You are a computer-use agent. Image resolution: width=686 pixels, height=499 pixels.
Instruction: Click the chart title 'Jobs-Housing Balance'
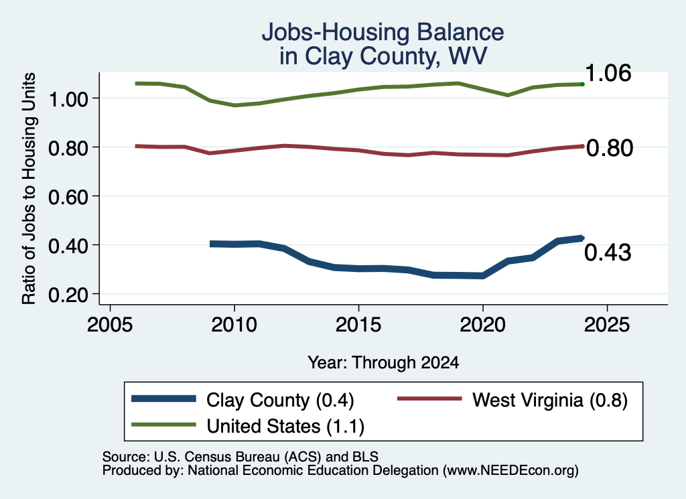coord(383,32)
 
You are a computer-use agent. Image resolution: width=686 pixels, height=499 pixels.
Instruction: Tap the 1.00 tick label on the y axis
coord(68,99)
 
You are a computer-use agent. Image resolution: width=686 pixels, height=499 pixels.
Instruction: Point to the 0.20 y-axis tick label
coord(68,295)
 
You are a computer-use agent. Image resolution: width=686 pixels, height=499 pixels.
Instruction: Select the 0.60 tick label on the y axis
coord(68,197)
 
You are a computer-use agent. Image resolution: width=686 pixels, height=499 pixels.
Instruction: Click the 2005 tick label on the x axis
coord(111,325)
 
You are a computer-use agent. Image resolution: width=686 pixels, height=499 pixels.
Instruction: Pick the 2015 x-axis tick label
coord(359,325)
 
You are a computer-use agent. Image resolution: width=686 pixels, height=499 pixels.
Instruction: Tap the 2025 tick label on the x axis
coord(607,325)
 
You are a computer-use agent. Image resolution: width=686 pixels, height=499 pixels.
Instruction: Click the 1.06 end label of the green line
coord(608,73)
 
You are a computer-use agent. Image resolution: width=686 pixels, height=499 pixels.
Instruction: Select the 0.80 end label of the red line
coord(610,148)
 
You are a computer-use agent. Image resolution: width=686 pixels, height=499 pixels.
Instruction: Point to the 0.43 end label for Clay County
coord(608,253)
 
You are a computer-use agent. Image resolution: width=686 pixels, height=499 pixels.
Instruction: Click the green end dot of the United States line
coord(582,84)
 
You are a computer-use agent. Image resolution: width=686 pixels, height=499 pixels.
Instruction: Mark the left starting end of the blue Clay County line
coord(210,244)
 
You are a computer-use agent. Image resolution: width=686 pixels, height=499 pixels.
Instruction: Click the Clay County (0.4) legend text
coord(280,401)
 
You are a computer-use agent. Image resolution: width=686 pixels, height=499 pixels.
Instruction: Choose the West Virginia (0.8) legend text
coord(550,401)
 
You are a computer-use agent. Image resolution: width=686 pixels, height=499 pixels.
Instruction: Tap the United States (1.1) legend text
coord(285,427)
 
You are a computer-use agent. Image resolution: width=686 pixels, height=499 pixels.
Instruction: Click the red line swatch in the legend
coord(429,399)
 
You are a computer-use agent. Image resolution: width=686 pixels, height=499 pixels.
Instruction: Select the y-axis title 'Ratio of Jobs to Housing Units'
coord(29,188)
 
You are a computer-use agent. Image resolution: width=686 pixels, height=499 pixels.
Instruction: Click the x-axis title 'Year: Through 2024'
coord(383,362)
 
